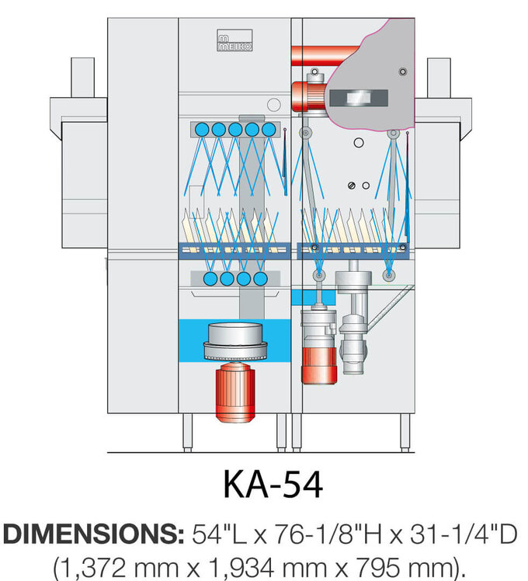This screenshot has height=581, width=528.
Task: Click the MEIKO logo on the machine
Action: pos(234,41)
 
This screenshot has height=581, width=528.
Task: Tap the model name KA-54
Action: pos(273,484)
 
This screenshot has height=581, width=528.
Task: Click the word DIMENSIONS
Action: pos(92,534)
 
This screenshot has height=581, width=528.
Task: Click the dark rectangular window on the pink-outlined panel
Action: pos(357,98)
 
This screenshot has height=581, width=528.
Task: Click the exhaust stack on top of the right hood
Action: pos(439,78)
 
